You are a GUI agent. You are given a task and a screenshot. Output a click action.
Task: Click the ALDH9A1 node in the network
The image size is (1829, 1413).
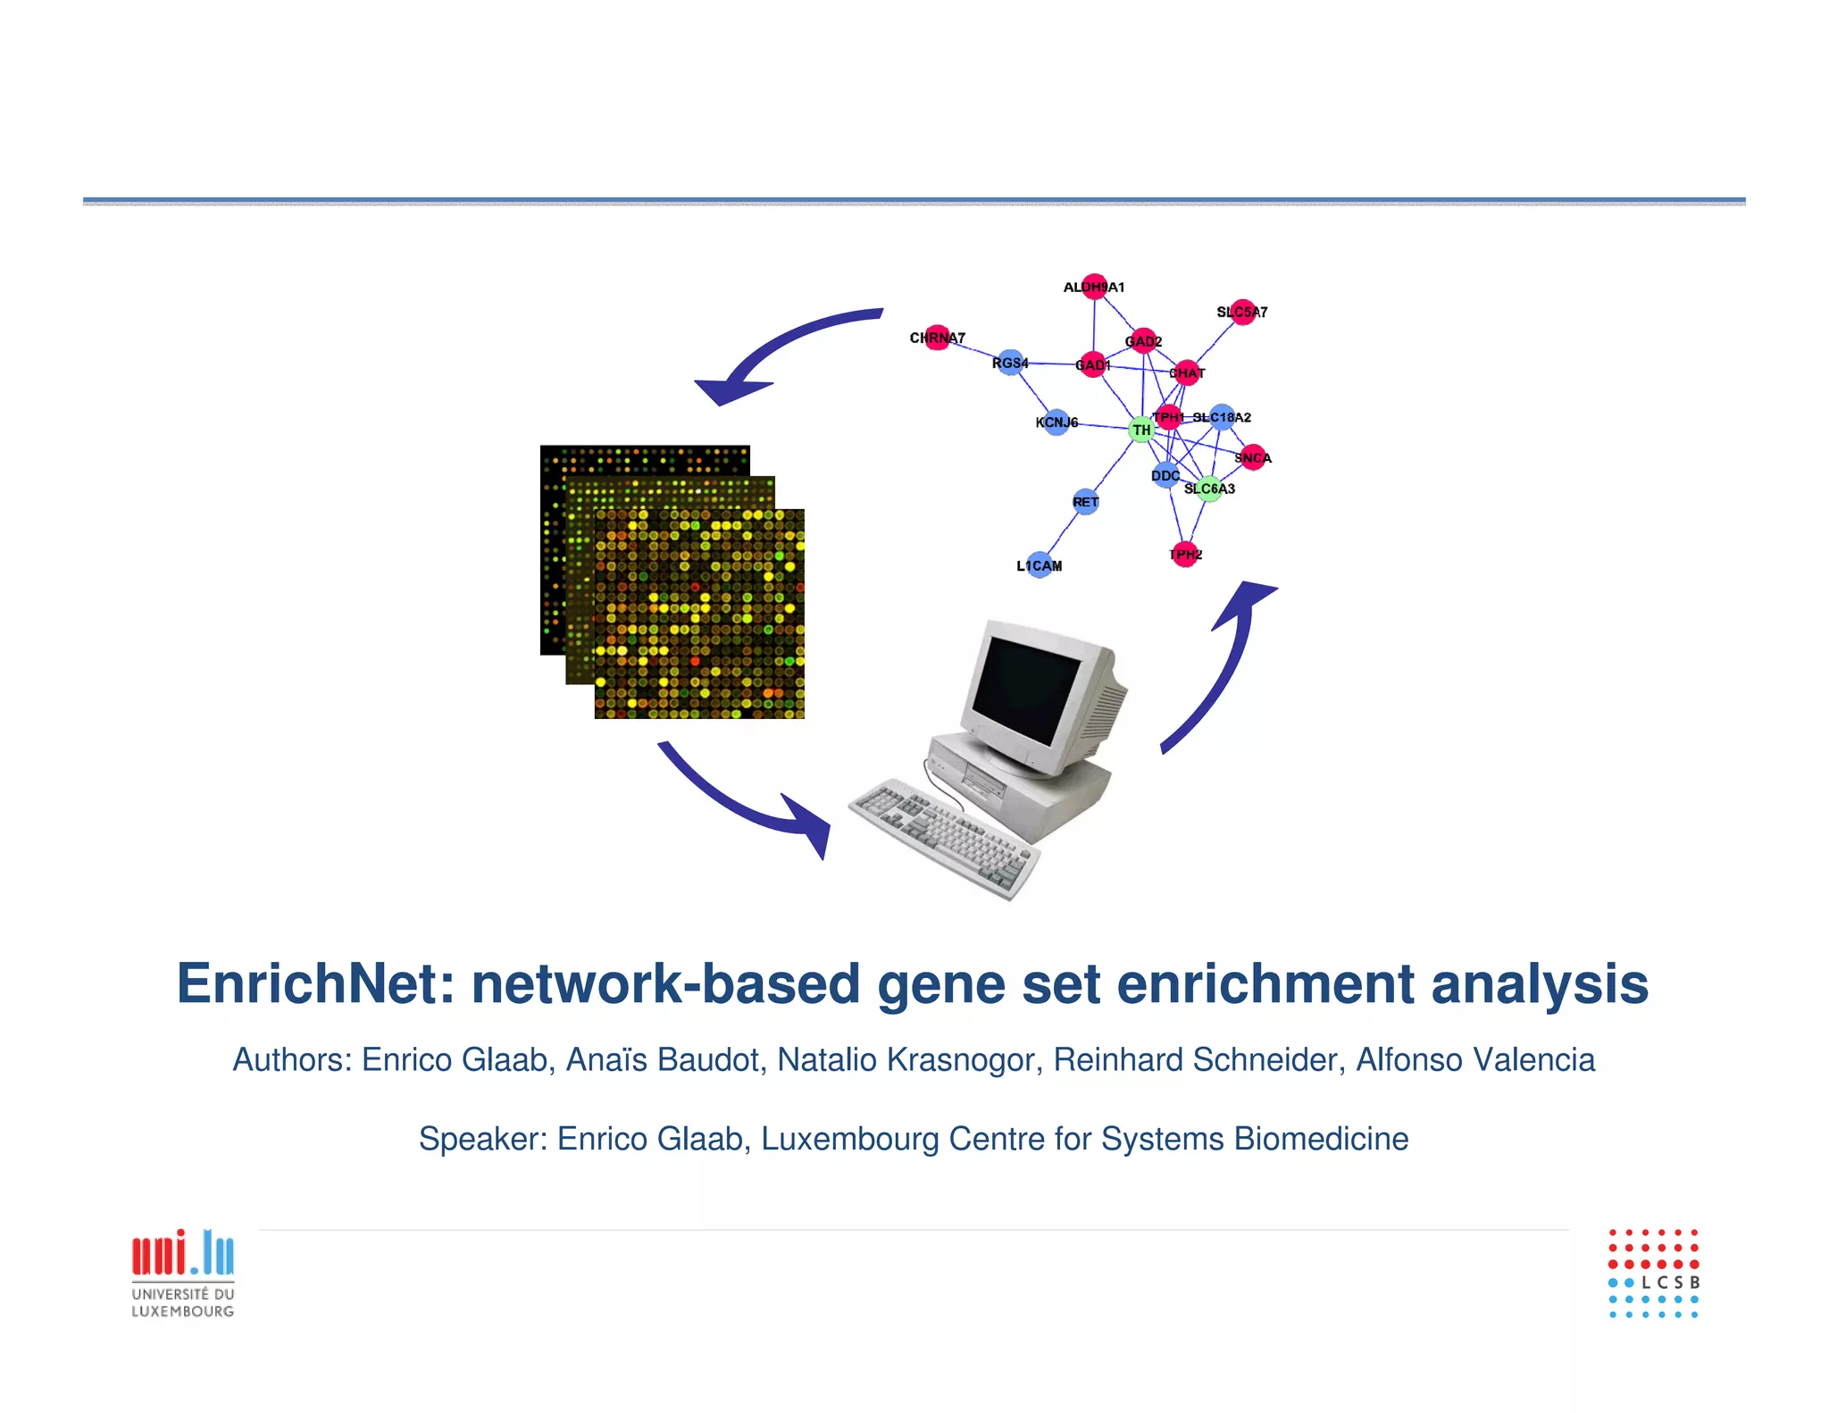point(1094,287)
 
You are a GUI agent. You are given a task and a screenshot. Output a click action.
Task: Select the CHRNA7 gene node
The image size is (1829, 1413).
point(937,338)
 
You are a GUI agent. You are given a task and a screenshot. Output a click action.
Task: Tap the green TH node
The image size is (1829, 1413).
point(1141,430)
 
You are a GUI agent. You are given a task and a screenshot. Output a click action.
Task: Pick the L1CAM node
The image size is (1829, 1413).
point(1040,565)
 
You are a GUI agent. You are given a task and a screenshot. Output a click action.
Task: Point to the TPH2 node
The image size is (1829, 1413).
point(1185,555)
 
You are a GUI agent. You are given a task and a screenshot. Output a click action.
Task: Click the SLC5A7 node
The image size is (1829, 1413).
point(1242,312)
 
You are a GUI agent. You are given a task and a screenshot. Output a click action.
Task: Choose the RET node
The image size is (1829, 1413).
point(1085,502)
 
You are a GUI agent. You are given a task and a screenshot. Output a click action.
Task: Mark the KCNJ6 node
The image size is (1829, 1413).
point(1056,422)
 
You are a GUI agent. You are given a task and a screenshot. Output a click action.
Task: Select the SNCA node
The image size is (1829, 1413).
point(1253,457)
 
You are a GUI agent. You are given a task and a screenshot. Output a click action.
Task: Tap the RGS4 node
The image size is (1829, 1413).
point(1010,363)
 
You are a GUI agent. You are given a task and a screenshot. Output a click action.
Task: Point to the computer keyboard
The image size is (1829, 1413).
point(943,835)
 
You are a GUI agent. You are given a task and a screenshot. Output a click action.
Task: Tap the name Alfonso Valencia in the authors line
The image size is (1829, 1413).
point(1475,1060)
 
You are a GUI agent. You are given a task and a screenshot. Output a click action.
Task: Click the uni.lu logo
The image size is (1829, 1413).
point(183,1273)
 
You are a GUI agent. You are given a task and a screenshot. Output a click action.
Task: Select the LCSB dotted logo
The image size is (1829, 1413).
point(1653,1273)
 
